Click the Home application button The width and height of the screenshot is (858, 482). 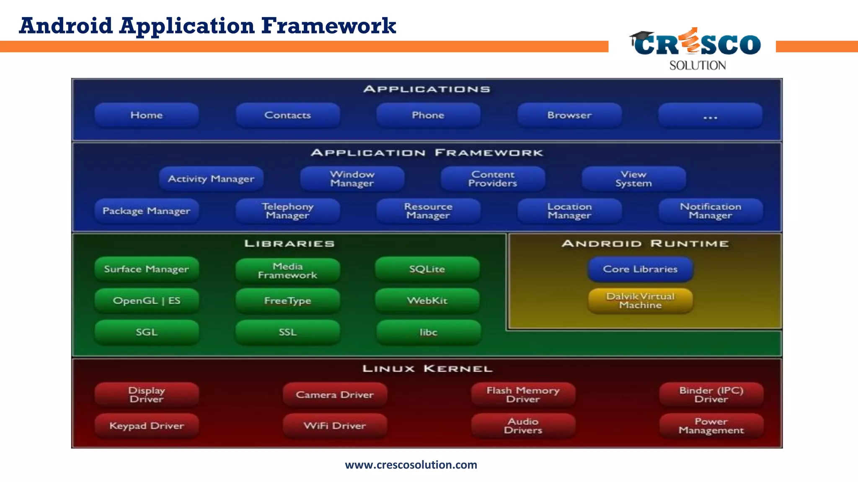147,115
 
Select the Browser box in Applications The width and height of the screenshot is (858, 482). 569,115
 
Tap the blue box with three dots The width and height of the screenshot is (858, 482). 710,116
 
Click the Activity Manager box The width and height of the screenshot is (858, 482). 211,179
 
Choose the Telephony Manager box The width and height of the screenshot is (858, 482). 288,211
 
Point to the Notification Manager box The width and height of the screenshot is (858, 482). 711,211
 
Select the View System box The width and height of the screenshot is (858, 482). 633,179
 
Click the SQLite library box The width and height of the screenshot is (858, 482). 427,269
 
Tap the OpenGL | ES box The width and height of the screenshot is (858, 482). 147,301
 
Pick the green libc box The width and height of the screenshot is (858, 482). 428,333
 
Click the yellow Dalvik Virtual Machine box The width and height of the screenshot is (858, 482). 640,301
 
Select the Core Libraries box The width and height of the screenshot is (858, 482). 640,269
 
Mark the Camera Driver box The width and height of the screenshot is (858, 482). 335,395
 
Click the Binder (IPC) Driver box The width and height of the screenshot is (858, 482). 711,395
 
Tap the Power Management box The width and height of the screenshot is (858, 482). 711,426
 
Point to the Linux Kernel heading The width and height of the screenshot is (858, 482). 427,369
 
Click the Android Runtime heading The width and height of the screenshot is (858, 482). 645,244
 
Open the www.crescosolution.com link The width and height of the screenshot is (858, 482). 411,465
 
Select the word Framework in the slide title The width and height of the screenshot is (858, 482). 328,26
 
